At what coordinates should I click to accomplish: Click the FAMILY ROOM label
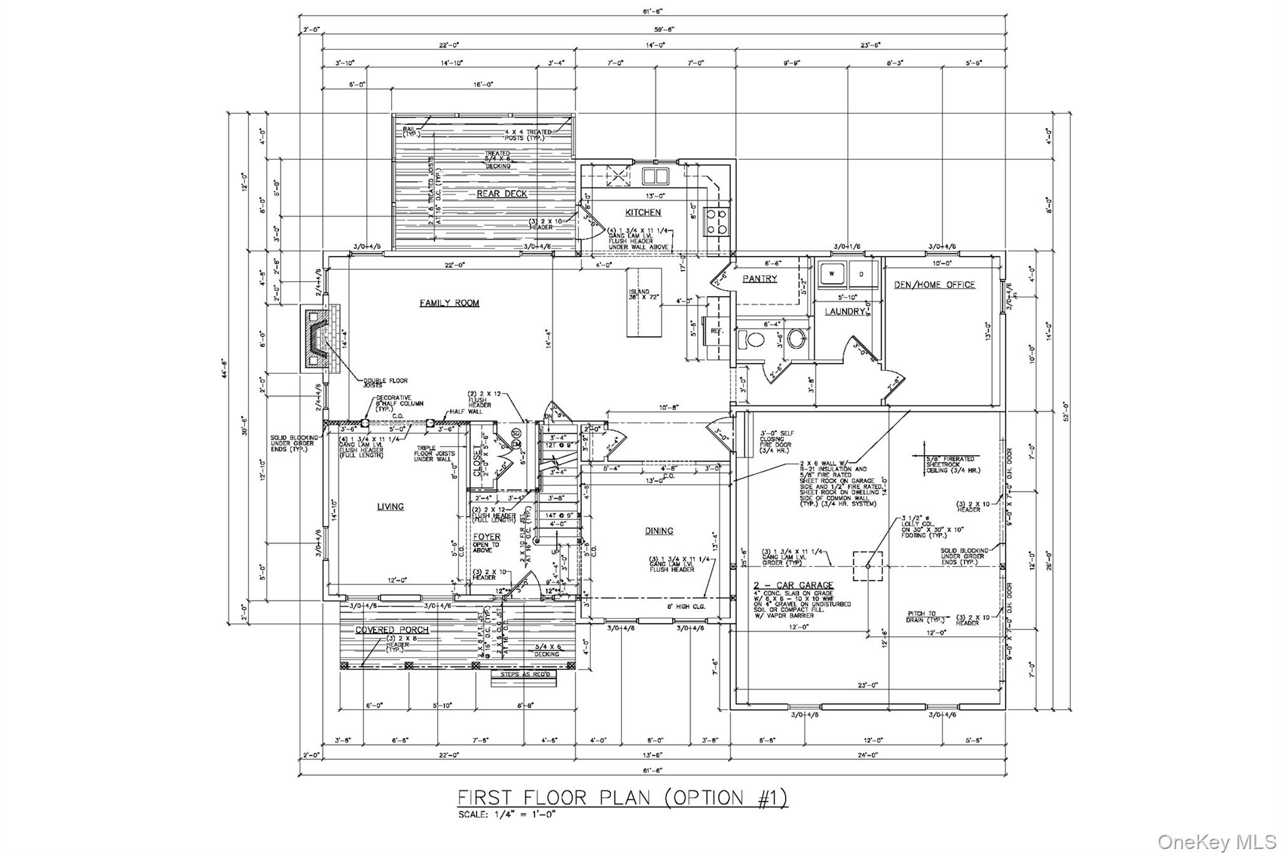[x=449, y=303]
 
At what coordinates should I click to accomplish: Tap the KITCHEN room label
[x=643, y=212]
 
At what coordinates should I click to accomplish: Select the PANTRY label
[x=759, y=278]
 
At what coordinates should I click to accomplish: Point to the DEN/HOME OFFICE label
[x=934, y=285]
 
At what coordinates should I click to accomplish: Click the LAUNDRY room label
[x=844, y=311]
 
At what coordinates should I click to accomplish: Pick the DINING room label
[x=659, y=531]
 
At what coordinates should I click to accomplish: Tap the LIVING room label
[x=390, y=506]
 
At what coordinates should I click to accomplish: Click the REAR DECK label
[x=502, y=194]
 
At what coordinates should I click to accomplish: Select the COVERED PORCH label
[x=383, y=630]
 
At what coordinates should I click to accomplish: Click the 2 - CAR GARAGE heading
[x=793, y=585]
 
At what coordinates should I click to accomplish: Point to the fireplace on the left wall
[x=320, y=339]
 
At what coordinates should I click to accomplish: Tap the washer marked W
[x=831, y=274]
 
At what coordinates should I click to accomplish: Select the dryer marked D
[x=860, y=274]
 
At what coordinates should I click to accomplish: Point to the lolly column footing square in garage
[x=868, y=566]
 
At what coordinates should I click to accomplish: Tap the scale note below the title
[x=507, y=814]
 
